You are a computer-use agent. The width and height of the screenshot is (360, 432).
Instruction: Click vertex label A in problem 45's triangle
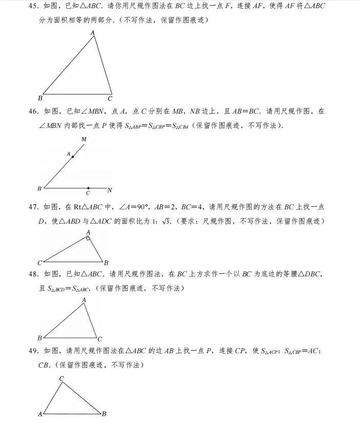tap(93, 33)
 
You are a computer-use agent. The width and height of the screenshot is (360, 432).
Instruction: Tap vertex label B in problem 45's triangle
tap(40, 98)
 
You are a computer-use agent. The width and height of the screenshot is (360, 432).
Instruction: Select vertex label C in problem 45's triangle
tap(110, 99)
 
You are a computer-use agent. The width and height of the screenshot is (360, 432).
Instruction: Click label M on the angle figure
tap(83, 139)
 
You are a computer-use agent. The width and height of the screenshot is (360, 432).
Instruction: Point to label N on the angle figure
tap(110, 190)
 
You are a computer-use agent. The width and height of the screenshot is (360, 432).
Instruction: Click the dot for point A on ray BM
tap(73, 157)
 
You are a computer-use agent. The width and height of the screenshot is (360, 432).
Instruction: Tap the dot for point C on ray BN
tap(88, 188)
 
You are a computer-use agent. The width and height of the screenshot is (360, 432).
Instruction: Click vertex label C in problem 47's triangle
tap(39, 262)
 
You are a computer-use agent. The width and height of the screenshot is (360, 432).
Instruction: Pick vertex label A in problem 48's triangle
tap(84, 300)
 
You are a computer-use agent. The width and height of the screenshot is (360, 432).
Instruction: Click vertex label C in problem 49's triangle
tap(61, 379)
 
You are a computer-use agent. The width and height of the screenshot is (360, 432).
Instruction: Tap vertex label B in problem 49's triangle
tap(104, 414)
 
